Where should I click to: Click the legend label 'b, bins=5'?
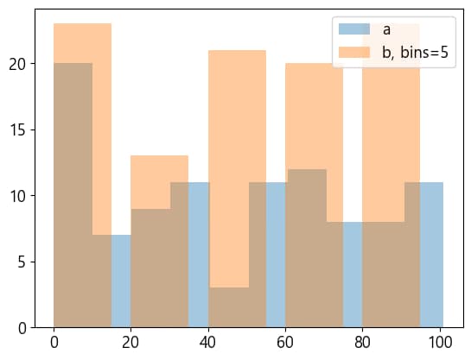(x=416, y=52)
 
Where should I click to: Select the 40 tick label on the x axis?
(x=207, y=341)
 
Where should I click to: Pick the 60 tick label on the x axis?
(x=284, y=341)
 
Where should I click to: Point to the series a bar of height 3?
(x=227, y=307)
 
